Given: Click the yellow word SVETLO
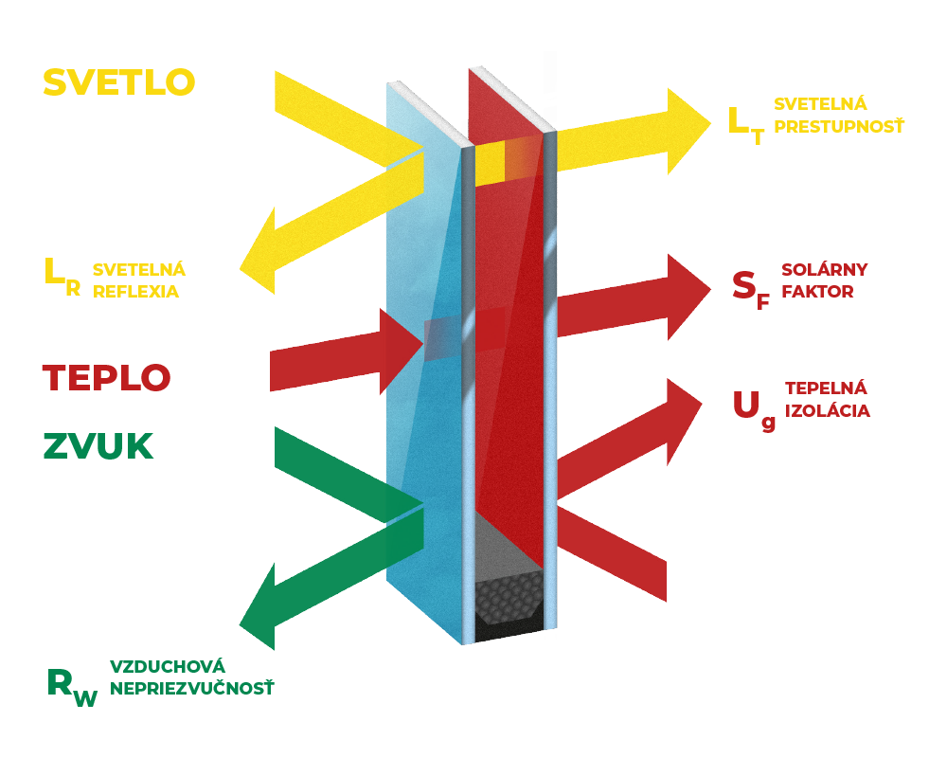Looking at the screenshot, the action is [119, 82].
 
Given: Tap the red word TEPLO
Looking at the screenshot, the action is [106, 378].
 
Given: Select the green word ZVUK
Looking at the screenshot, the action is [98, 446].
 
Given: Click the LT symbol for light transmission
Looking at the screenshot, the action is [746, 126].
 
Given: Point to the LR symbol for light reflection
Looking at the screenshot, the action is [63, 278].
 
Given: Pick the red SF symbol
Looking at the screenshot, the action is [751, 290].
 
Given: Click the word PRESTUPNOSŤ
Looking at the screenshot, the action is [839, 126].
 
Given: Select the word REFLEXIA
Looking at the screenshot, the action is [135, 292].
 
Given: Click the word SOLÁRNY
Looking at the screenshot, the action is [825, 269].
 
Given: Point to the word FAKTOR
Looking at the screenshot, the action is [818, 291].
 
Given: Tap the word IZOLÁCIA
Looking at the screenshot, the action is [828, 410].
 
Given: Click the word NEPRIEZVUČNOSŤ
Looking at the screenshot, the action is [192, 689].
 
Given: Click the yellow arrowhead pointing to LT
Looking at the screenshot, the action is [689, 131].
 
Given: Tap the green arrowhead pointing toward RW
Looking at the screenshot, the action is [258, 607].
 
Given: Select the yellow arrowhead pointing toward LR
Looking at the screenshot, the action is [258, 251].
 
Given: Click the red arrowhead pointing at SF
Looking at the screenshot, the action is [689, 297].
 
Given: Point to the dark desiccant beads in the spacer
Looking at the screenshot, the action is [509, 600].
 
